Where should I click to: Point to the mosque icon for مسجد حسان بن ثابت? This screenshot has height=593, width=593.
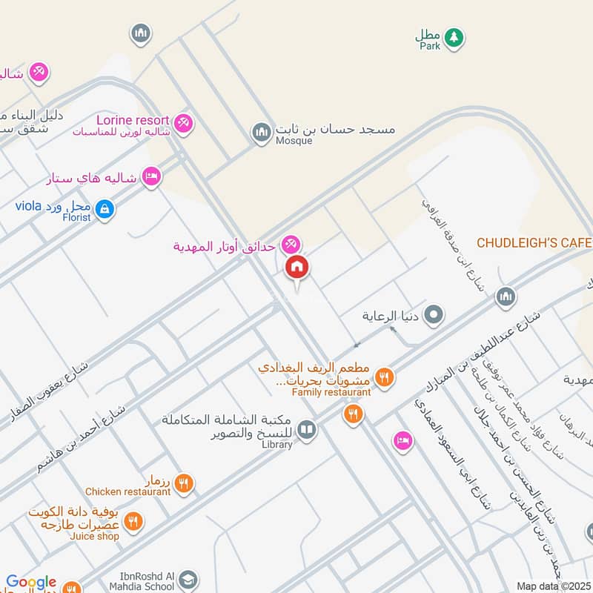click(261, 133)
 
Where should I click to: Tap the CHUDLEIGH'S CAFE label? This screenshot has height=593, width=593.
click(534, 243)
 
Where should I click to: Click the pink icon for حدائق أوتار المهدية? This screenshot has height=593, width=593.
click(291, 242)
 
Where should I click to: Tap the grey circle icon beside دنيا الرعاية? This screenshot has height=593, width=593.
click(435, 315)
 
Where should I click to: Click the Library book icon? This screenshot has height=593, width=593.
click(306, 430)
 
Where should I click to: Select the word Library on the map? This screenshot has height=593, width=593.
click(276, 444)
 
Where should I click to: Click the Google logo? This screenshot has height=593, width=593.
click(31, 583)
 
